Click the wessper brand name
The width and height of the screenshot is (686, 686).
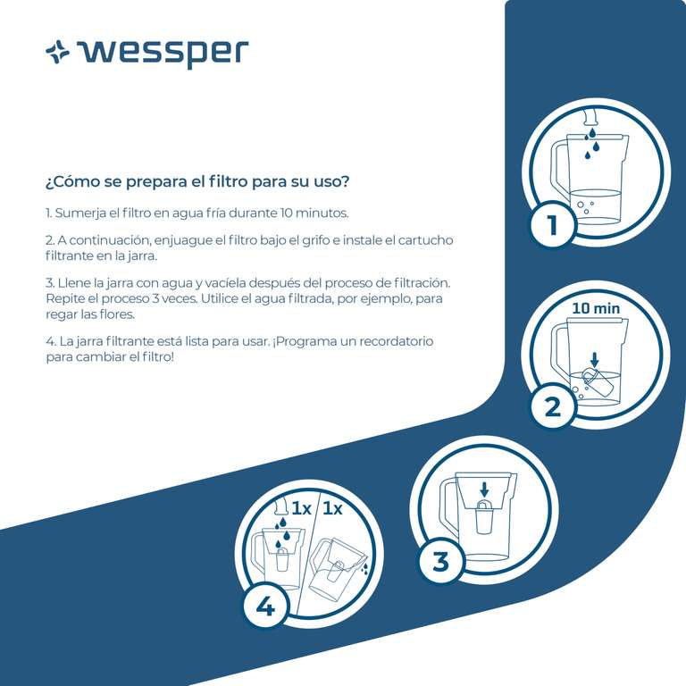coord(163,54)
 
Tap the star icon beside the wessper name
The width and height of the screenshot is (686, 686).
coord(57,52)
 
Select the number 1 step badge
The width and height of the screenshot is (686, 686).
coord(552,224)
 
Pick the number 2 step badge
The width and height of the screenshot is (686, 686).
coord(553,406)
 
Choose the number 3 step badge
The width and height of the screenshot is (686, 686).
coord(440,561)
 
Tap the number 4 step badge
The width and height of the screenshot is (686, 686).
coord(265,607)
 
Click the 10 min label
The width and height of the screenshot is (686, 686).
coord(596,308)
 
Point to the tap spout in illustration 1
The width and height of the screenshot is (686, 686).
coord(591,116)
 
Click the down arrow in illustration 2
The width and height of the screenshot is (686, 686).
coord(594,360)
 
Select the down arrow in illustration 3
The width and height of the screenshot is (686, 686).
coord(484,489)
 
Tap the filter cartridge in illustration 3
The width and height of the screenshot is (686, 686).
coord(483,517)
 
